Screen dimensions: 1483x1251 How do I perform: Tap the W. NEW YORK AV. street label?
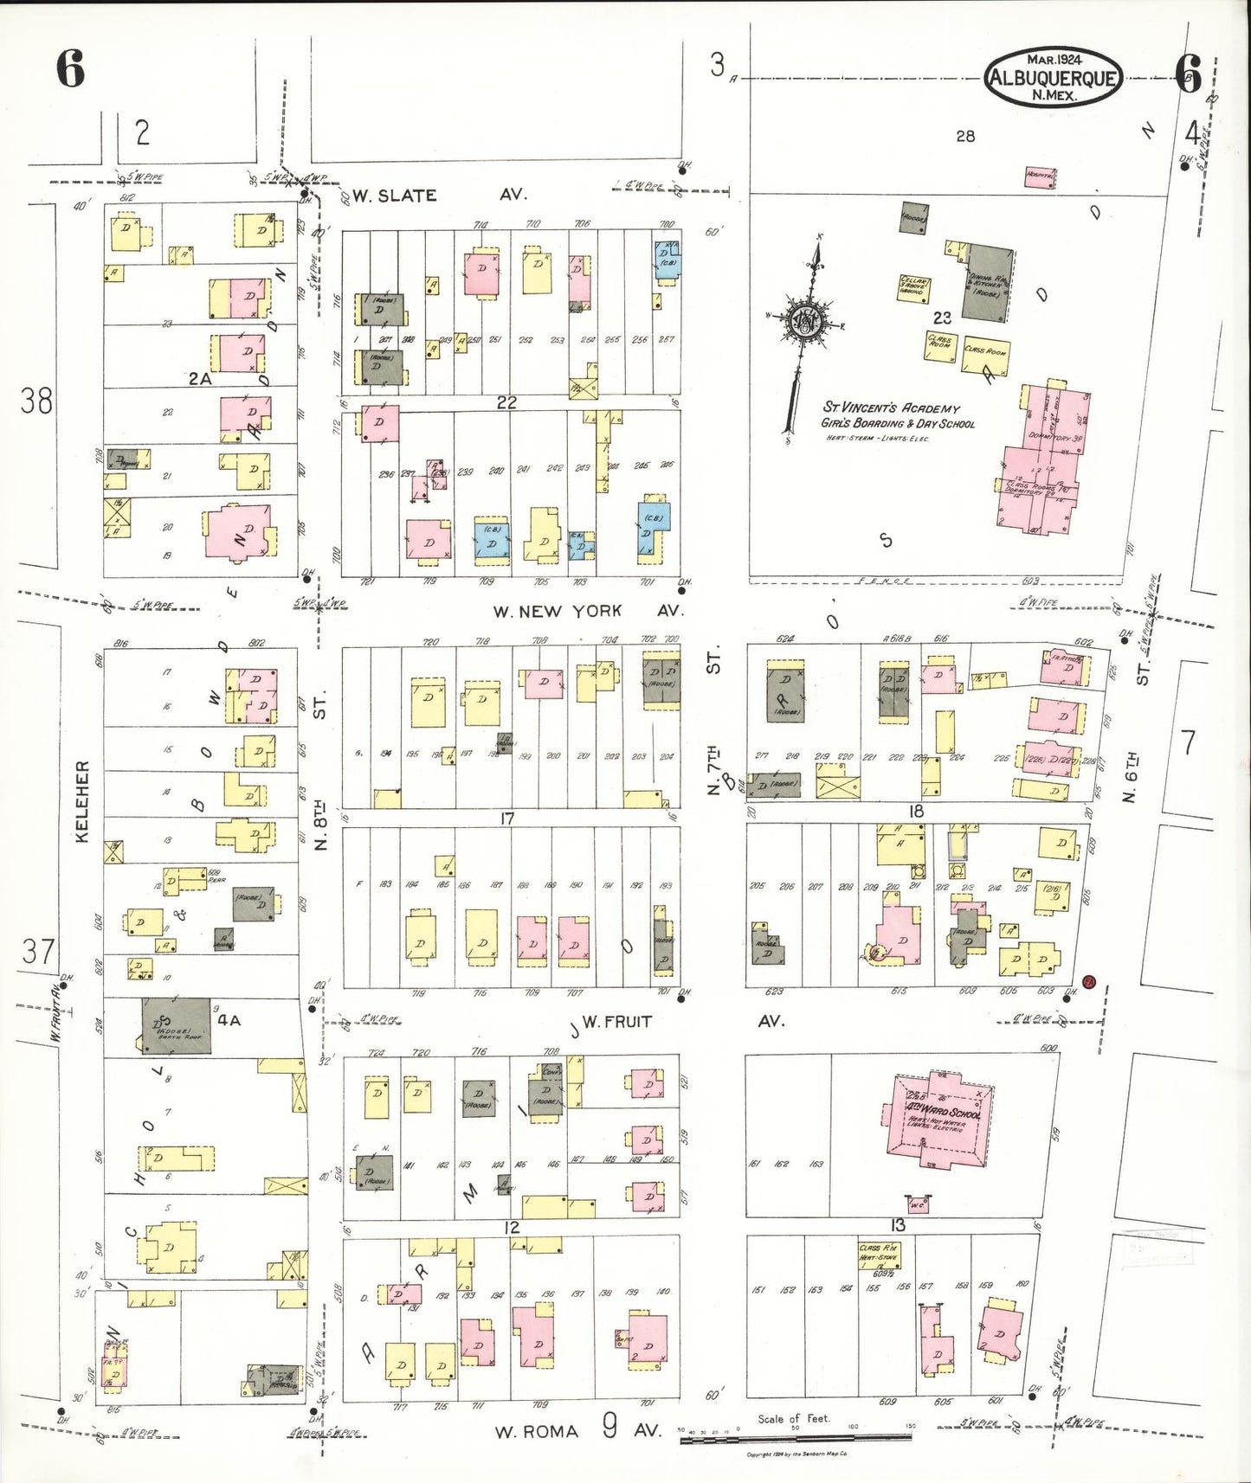(x=587, y=611)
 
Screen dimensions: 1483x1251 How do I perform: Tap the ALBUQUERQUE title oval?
(x=1053, y=78)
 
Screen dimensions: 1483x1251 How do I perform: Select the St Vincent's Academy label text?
(x=891, y=408)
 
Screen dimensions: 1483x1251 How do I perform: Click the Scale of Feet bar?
(x=796, y=1437)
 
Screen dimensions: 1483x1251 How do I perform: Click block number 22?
(x=506, y=402)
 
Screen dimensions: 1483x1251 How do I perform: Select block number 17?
(x=507, y=819)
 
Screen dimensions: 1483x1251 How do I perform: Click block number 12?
(x=512, y=1228)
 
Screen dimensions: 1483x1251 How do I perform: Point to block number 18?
(x=916, y=811)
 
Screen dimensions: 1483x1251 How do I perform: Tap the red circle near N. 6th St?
(x=1090, y=981)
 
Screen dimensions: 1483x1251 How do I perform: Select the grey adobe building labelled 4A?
(x=177, y=1025)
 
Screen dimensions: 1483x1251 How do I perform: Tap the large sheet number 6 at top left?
(x=71, y=69)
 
